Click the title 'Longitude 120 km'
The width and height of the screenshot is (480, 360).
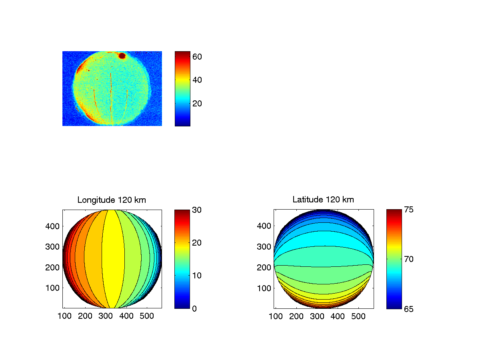click(112, 200)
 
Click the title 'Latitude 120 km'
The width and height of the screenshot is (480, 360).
click(323, 200)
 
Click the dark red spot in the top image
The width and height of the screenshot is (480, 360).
click(122, 56)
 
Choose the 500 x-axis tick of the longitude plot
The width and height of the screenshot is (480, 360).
click(147, 316)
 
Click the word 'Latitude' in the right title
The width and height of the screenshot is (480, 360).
click(306, 200)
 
